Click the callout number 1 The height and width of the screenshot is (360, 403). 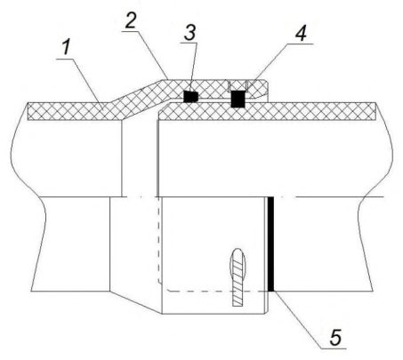click(x=67, y=47)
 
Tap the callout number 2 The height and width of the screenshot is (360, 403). click(x=131, y=20)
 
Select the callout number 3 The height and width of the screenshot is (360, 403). click(x=189, y=33)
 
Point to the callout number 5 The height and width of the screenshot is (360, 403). click(x=335, y=337)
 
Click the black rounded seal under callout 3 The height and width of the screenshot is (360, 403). click(x=190, y=97)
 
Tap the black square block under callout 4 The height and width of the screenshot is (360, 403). click(x=238, y=99)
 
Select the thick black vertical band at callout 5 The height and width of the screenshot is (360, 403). click(x=270, y=244)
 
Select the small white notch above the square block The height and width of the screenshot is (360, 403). click(x=238, y=85)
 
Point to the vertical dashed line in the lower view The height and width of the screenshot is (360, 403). click(x=159, y=240)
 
